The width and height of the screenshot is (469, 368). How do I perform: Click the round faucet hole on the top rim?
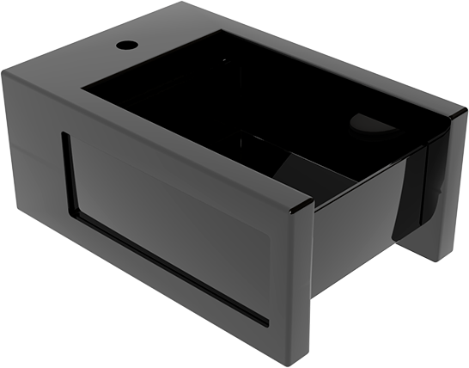(126, 42)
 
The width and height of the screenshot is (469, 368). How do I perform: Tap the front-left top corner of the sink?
(4, 72)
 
